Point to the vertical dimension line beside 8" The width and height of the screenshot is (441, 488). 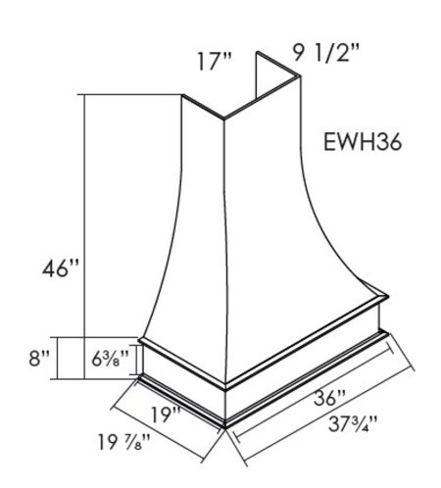pyautogui.click(x=60, y=358)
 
